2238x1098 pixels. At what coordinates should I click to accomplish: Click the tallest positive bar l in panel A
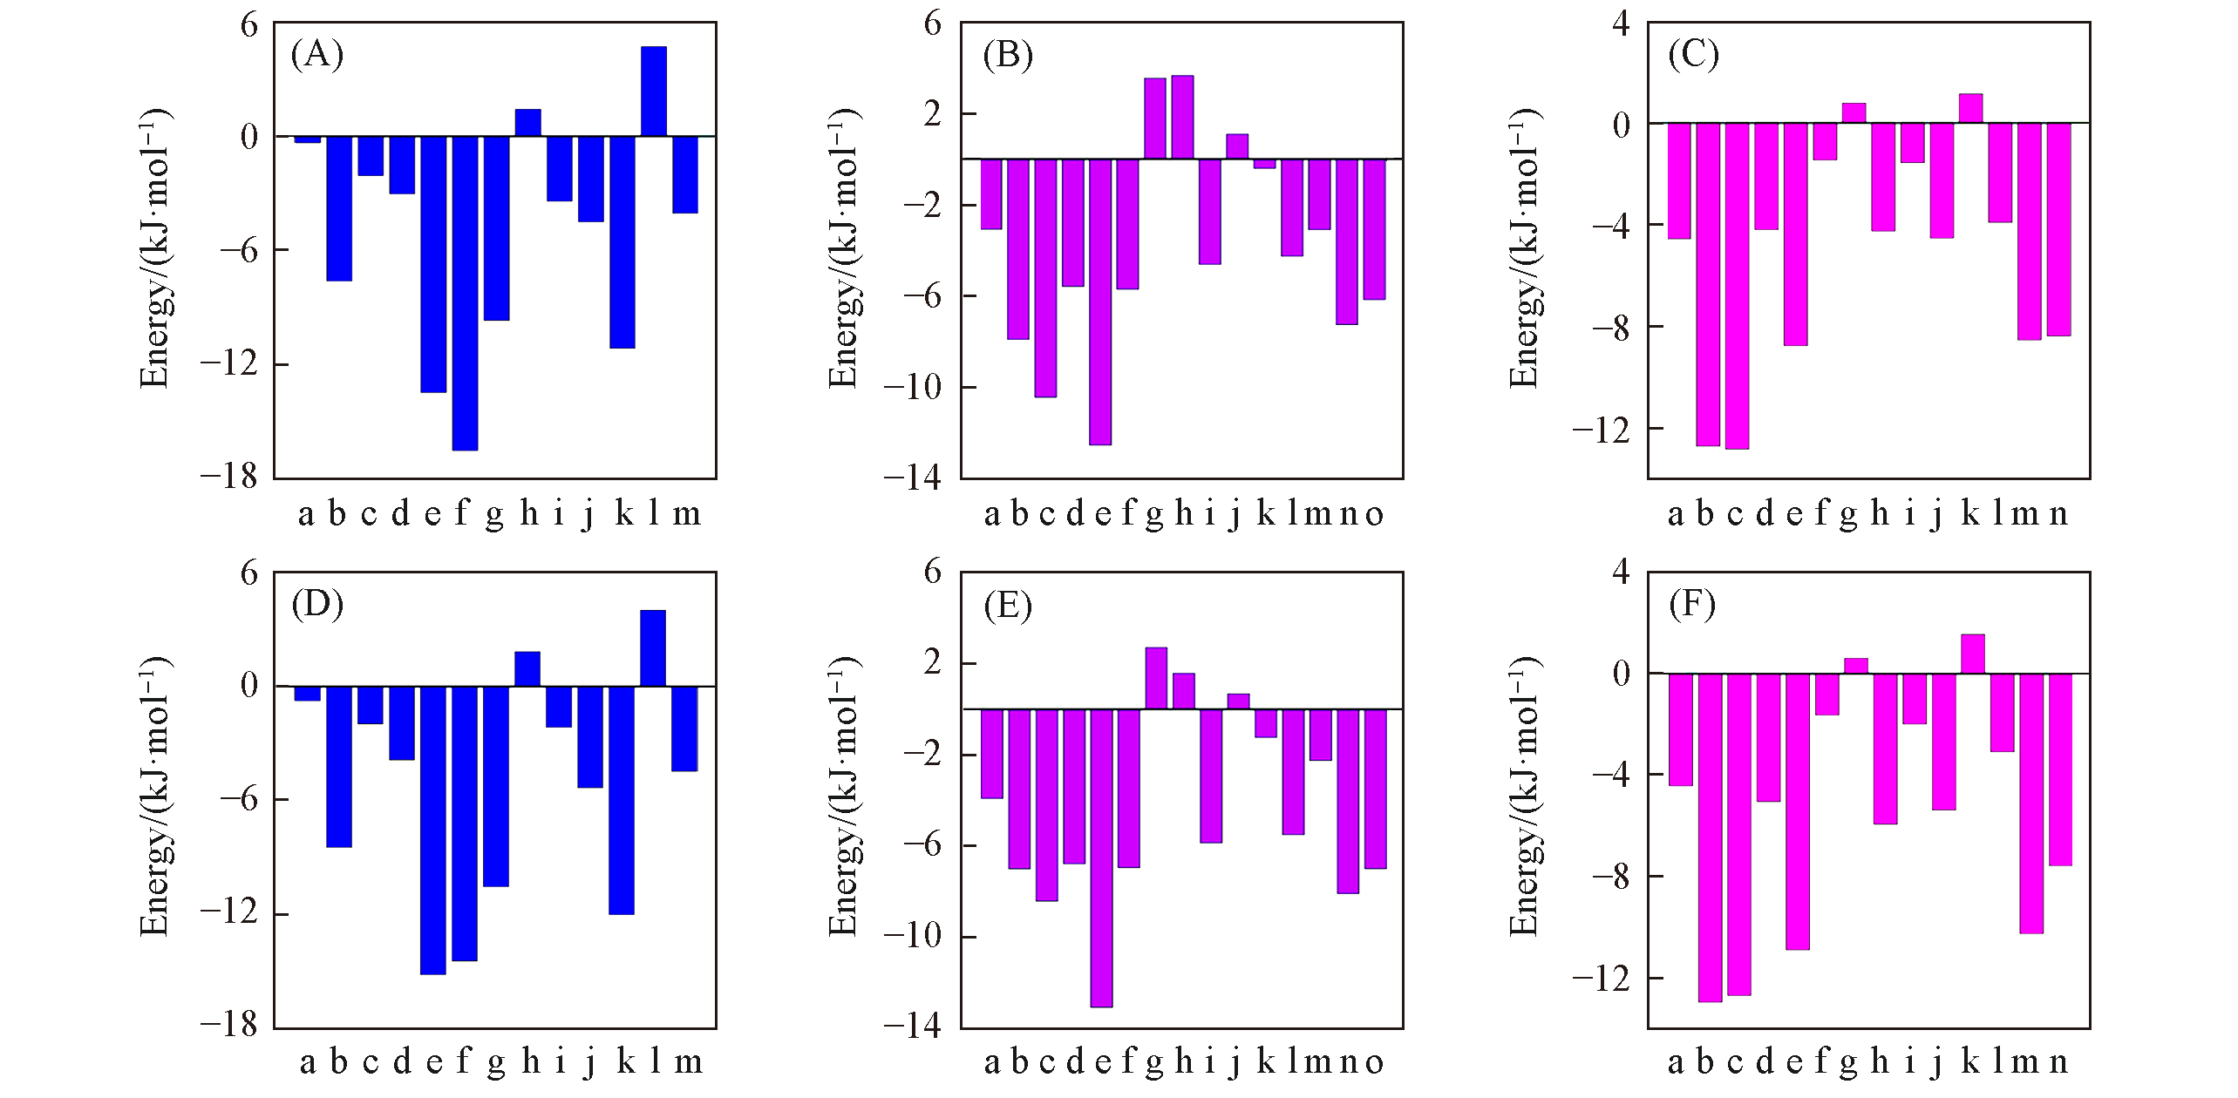point(653,91)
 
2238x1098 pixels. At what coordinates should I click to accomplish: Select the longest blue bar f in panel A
point(465,293)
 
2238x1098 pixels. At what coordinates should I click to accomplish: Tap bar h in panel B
point(1182,118)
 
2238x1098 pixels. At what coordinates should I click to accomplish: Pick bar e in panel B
point(1100,302)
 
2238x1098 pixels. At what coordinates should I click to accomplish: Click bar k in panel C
point(1970,108)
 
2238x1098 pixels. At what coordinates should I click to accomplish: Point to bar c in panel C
point(1737,286)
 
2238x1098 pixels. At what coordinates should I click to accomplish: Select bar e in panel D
point(433,830)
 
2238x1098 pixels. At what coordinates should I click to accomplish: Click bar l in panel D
point(653,648)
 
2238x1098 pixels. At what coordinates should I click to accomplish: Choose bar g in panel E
point(1156,678)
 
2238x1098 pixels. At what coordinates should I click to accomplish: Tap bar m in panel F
point(2031,803)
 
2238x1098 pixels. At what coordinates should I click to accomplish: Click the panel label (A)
point(317,54)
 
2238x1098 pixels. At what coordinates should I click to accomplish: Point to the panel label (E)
point(1008,604)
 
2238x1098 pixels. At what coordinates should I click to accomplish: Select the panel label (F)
point(1692,604)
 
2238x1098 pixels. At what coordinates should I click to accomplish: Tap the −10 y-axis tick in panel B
point(912,387)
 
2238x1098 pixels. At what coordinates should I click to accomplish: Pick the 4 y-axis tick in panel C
point(1620,24)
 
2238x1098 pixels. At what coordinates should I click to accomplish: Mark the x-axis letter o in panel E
point(1374,1061)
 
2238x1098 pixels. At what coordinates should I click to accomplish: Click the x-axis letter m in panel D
point(688,1061)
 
